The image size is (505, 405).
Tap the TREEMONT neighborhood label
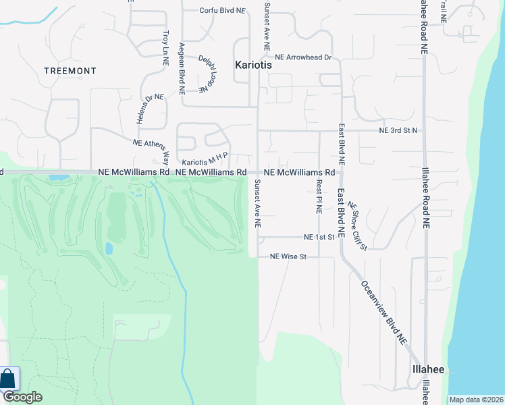(70, 71)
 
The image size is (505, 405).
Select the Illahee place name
(428, 370)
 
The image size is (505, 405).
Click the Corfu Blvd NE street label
(222, 11)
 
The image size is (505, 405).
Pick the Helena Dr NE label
(150, 109)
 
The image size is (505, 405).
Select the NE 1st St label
(319, 238)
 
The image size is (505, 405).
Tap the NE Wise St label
(288, 256)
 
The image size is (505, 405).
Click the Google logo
(22, 397)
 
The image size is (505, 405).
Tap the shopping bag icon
(9, 378)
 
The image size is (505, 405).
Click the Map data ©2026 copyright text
(475, 400)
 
